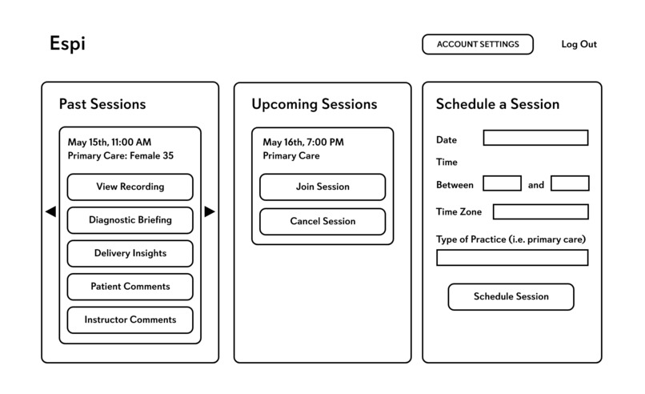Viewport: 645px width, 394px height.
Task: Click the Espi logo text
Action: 67,45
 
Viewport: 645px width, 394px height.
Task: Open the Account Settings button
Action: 477,45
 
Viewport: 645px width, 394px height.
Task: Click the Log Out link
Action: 579,45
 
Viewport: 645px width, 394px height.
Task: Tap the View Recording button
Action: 130,187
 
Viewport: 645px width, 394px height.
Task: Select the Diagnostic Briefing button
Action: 130,220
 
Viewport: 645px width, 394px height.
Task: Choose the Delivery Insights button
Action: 130,253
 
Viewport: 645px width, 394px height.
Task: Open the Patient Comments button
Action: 130,287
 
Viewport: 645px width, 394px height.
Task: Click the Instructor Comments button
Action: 130,320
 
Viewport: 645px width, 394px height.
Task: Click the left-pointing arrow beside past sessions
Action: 50,211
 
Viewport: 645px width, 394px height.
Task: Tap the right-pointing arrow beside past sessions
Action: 210,211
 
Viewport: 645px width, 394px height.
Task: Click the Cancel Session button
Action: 322,221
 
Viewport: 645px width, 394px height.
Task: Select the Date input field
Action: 535,138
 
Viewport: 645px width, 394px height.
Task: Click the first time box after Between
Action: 502,183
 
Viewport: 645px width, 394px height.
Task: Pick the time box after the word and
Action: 570,183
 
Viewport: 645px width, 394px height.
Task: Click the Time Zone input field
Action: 540,211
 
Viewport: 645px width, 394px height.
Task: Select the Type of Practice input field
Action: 511,258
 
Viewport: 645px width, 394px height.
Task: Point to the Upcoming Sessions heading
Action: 314,105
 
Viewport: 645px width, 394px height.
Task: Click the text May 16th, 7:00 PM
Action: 303,143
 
